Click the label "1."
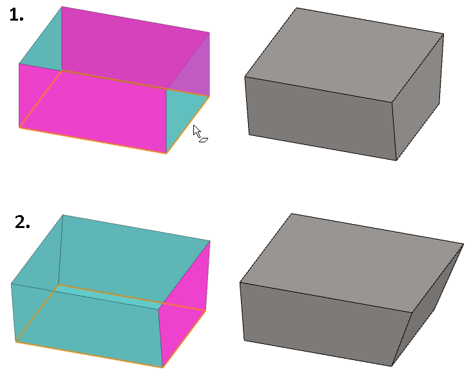(x=17, y=15)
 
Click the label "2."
(x=23, y=222)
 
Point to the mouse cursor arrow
(x=197, y=131)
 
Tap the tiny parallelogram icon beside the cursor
(x=204, y=140)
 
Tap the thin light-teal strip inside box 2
(x=108, y=295)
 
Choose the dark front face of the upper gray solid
(x=321, y=117)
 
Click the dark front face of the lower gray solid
(x=324, y=324)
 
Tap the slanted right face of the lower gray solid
(x=427, y=306)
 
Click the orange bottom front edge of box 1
(x=93, y=140)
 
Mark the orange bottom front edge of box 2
(x=89, y=354)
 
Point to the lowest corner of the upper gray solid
(x=396, y=160)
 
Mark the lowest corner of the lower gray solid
(x=392, y=366)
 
